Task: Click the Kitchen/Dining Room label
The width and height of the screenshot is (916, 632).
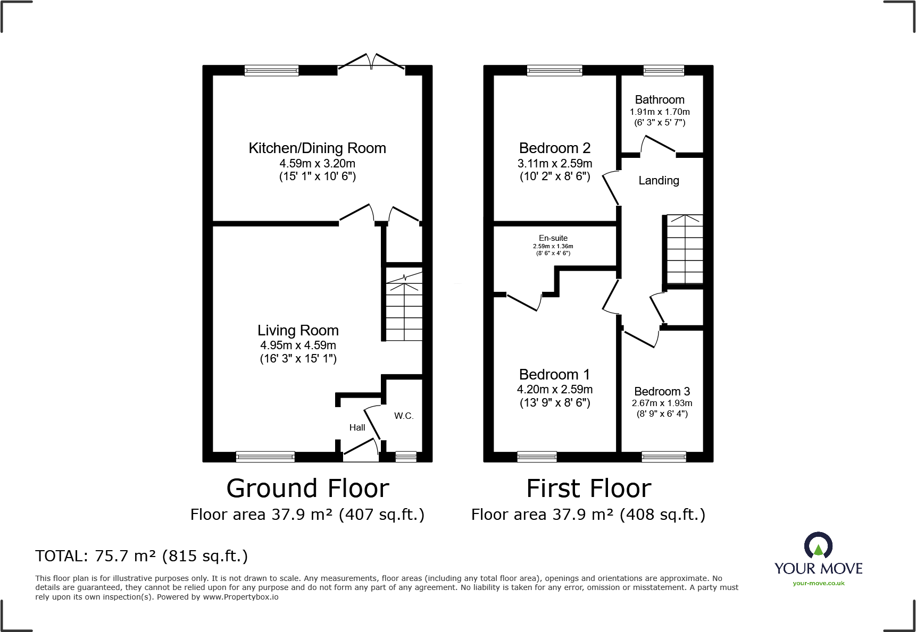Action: pos(317,148)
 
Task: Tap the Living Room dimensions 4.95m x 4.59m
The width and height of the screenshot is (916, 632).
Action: pos(298,346)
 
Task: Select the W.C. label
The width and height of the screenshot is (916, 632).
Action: pos(404,416)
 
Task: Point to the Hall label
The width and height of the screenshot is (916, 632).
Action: pos(357,427)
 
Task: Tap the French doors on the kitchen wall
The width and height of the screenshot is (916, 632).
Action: pos(371,63)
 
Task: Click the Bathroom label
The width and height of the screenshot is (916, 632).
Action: pos(660,100)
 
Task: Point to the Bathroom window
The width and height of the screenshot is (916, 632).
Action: pos(663,70)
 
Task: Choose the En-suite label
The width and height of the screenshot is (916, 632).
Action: pos(553,238)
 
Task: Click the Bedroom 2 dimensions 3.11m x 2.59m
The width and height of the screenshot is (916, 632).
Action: pos(555,164)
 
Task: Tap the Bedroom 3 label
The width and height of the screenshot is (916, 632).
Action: pos(662,392)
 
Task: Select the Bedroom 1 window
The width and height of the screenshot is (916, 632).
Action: pos(537,456)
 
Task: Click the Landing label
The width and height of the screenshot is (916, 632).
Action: pos(659,181)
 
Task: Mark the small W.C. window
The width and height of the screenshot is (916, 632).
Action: pos(406,456)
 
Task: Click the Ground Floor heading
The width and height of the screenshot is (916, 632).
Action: pos(307,488)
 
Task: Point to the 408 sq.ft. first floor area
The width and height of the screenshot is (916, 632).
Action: pos(662,515)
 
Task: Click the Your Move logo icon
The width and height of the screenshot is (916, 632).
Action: pos(818,546)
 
